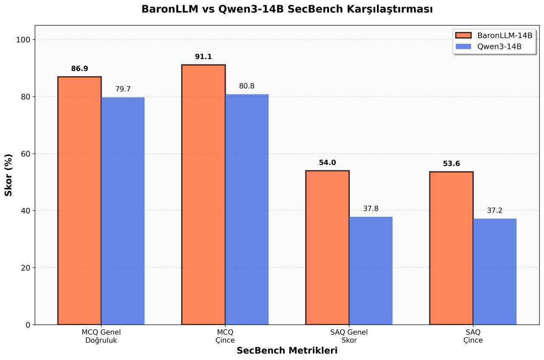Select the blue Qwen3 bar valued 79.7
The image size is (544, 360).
[x=123, y=211]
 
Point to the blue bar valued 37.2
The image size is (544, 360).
[x=495, y=272]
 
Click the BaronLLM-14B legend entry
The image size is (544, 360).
[x=493, y=35]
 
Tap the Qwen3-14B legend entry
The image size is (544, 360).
[x=493, y=46]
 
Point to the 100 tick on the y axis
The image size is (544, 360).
[x=25, y=40]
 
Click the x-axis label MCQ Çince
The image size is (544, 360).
[x=225, y=336]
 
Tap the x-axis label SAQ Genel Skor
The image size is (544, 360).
[x=349, y=336]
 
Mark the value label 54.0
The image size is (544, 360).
[x=327, y=163]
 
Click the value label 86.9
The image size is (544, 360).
[x=79, y=69]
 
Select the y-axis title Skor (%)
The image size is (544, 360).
[x=9, y=175]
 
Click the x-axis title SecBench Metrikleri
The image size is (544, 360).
[x=287, y=351]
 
